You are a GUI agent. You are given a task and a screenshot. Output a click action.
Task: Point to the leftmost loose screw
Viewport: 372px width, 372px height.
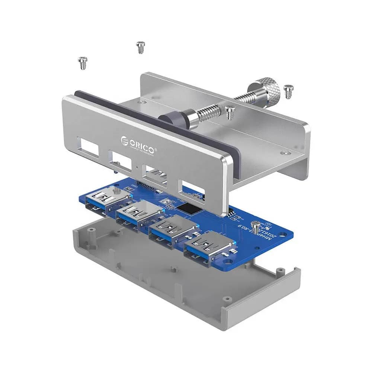tap(83, 62)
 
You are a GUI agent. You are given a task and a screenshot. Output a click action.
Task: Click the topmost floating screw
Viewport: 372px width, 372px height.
tap(140, 47)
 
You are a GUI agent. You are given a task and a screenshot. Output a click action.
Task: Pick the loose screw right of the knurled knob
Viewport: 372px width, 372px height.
tap(288, 92)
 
